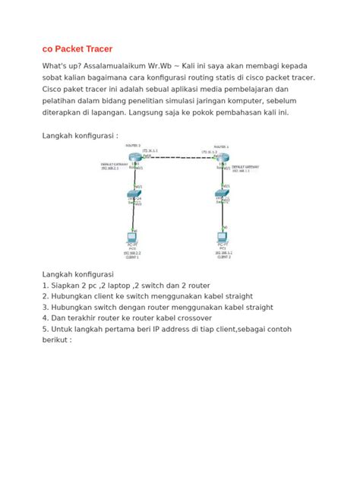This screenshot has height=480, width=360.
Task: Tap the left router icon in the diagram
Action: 134,157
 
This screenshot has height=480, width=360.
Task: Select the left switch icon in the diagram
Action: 134,196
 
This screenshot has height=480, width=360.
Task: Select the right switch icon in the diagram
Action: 222,196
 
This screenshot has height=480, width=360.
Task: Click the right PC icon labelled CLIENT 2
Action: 222,237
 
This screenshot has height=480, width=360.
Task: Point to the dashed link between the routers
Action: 178,157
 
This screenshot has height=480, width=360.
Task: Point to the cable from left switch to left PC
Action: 134,216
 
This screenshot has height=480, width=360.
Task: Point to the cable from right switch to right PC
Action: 222,216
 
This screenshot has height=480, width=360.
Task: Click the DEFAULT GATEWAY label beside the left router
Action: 111,163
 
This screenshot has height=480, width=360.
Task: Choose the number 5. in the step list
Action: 46,329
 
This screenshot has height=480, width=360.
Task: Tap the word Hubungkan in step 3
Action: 75,307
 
